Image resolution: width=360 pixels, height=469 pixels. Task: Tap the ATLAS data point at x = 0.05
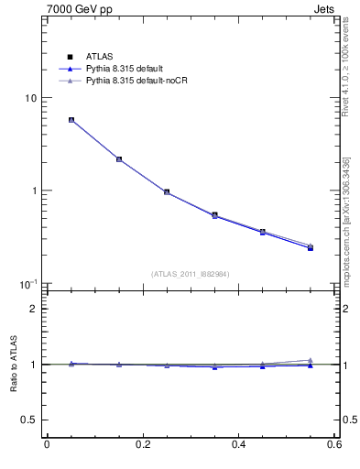click(x=71, y=120)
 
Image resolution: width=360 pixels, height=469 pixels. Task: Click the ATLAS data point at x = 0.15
click(x=119, y=159)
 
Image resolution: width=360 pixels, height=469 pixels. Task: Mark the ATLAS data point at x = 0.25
click(x=167, y=192)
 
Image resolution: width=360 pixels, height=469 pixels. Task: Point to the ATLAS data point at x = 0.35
click(x=214, y=215)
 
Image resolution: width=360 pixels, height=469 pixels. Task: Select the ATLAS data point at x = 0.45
click(x=262, y=232)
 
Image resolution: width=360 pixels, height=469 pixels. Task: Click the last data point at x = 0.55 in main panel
click(x=311, y=247)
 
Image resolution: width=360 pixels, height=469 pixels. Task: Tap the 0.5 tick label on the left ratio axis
click(x=28, y=420)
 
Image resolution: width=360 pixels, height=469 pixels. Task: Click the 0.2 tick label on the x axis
click(x=142, y=445)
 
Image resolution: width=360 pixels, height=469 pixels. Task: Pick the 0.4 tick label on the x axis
click(x=238, y=445)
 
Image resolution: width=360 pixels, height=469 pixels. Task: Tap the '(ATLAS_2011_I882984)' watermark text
click(x=191, y=274)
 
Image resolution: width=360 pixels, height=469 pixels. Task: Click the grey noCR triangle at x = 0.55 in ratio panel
click(x=311, y=360)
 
